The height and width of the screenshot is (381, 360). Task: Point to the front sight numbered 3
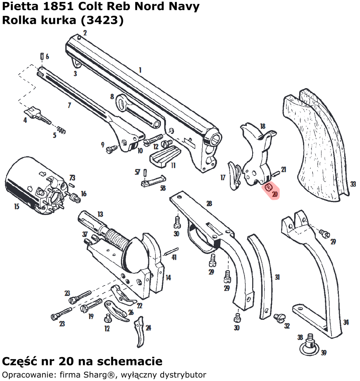pyautogui.click(x=76, y=62)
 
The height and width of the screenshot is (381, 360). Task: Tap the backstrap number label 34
pyautogui.click(x=346, y=323)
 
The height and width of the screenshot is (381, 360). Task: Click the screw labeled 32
pyautogui.click(x=279, y=317)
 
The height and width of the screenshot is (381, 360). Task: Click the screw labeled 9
pyautogui.click(x=111, y=149)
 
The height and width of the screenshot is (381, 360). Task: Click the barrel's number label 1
pyautogui.click(x=140, y=70)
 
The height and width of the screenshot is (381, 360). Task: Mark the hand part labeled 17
pyautogui.click(x=233, y=175)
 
